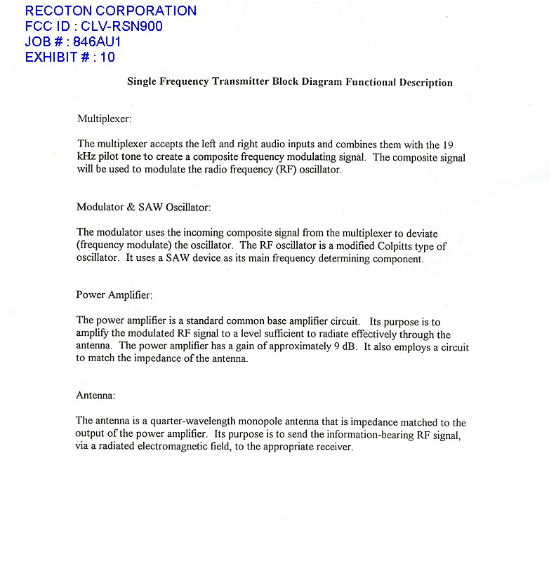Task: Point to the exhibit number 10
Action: tap(107, 58)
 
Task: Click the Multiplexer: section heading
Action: tap(104, 118)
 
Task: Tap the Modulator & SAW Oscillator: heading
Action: tap(143, 207)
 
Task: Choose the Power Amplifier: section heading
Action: tap(114, 295)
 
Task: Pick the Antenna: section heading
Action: tap(95, 396)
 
